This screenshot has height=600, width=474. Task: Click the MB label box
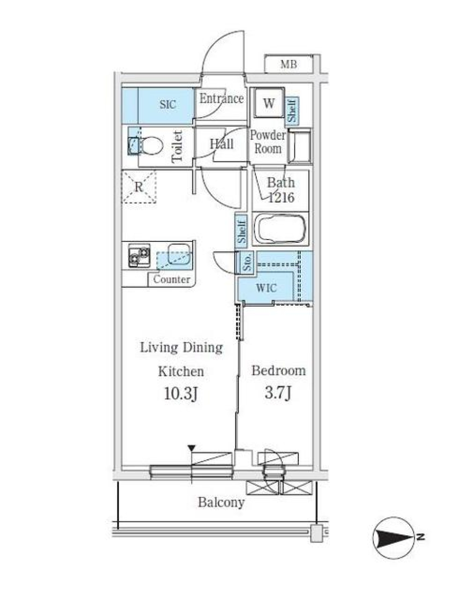(x=288, y=64)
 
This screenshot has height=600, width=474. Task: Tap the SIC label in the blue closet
(x=168, y=105)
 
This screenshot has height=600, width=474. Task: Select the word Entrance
(x=221, y=99)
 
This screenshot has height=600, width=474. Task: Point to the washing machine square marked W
(x=268, y=104)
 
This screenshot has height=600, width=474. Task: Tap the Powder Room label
(x=268, y=142)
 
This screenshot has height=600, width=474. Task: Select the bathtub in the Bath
(x=280, y=229)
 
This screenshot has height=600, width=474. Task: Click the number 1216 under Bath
(x=281, y=198)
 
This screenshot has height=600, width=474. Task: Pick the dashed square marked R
(x=139, y=187)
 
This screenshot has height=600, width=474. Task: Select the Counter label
(x=171, y=280)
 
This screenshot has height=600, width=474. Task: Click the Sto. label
(x=247, y=262)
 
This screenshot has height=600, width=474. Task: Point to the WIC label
(x=266, y=288)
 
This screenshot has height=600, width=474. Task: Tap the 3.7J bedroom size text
(x=278, y=394)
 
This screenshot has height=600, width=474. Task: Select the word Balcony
(x=221, y=503)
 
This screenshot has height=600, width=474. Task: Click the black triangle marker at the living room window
(x=192, y=448)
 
